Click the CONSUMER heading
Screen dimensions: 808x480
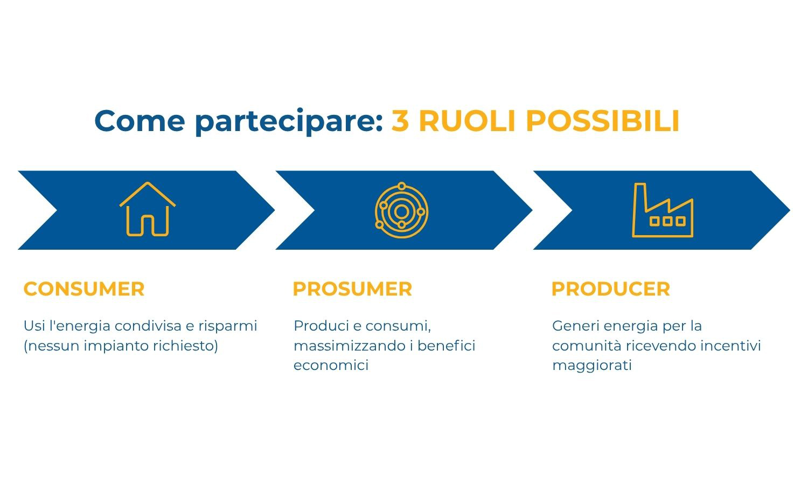[84, 289]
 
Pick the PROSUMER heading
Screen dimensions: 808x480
[352, 289]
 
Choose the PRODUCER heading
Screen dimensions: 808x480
[611, 289]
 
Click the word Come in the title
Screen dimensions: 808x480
[140, 121]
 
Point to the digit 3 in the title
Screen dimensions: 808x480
[400, 121]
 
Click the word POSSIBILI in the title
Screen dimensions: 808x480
[603, 121]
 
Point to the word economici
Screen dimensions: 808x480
[331, 365]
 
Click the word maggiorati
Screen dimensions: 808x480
[592, 366]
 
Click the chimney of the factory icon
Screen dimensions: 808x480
[640, 197]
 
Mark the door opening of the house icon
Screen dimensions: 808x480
[148, 226]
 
